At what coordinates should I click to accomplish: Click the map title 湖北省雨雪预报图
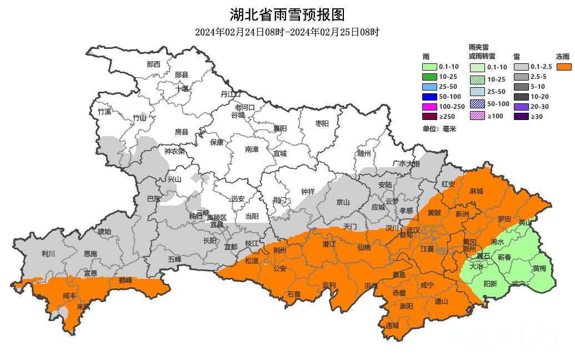(x=287, y=14)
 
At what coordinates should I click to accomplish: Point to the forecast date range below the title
(x=287, y=32)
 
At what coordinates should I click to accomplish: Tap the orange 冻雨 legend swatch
(x=564, y=67)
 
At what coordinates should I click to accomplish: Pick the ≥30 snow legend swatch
(x=521, y=116)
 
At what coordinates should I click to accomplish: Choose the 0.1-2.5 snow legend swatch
(x=521, y=67)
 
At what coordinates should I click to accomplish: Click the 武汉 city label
(x=413, y=229)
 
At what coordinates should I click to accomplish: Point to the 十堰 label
(x=182, y=88)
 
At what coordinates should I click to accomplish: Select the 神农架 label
(x=174, y=151)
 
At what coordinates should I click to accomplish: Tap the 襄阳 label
(x=279, y=128)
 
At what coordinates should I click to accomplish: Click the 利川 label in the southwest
(x=48, y=254)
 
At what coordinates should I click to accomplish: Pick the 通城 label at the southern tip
(x=392, y=326)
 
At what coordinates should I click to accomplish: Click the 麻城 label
(x=476, y=191)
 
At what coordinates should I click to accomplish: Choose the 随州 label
(x=364, y=153)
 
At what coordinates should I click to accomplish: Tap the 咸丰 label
(x=69, y=296)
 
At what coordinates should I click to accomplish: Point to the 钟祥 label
(x=308, y=191)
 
